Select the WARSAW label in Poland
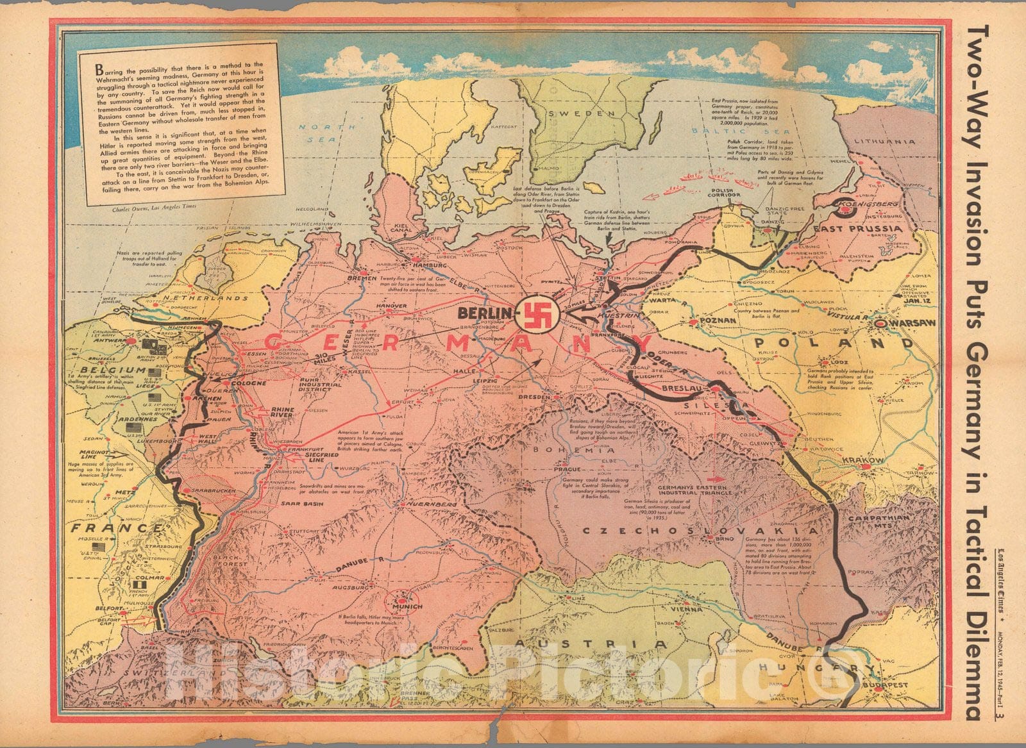point(905,324)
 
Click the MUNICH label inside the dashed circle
point(410,606)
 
